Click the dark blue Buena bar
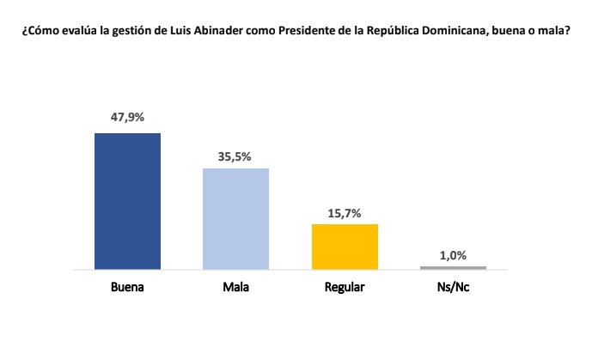pos(127,201)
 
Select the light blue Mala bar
pos(235,218)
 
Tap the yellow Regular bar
pos(345,247)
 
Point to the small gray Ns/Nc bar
pos(453,268)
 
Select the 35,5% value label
pos(235,156)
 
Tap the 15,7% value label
pos(345,211)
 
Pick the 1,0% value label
pos(453,254)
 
